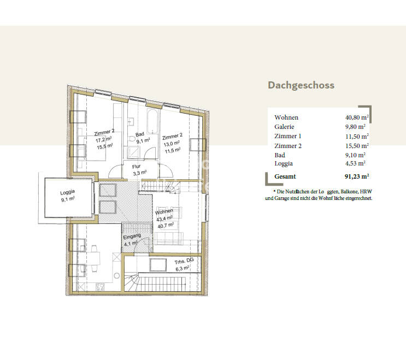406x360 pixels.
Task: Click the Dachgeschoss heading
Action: click(x=301, y=85)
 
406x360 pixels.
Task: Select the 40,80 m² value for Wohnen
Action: click(x=356, y=117)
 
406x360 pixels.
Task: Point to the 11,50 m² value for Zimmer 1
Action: click(x=356, y=136)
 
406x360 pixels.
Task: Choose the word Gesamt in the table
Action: click(x=285, y=176)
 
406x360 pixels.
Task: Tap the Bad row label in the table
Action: click(x=280, y=155)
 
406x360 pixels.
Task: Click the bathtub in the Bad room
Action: click(x=152, y=119)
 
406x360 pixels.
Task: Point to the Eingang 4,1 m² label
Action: click(x=132, y=240)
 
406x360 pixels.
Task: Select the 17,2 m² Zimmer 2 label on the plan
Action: click(x=104, y=139)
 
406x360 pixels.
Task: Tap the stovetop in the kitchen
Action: click(x=101, y=286)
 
